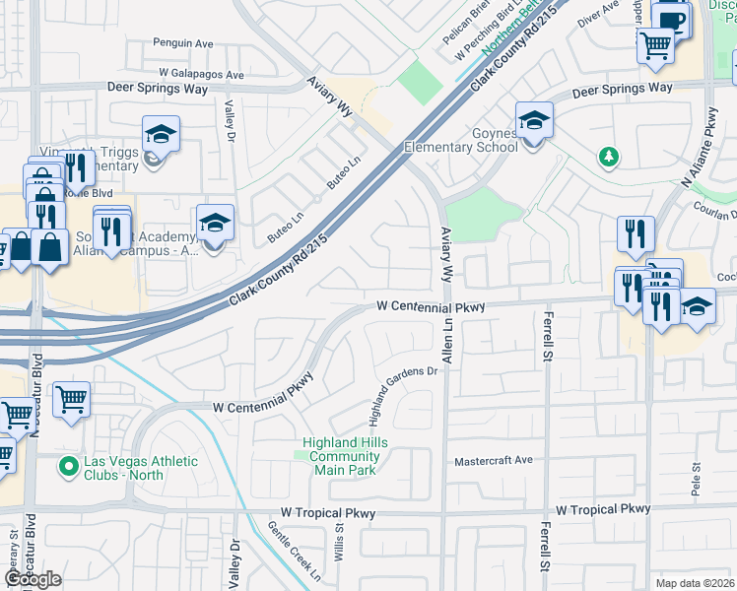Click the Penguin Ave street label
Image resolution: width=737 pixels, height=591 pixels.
tap(183, 43)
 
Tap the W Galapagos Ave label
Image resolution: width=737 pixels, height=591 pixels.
tap(201, 74)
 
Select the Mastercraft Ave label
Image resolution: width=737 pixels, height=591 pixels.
tap(493, 460)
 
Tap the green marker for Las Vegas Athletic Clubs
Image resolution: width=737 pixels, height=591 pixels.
tap(68, 466)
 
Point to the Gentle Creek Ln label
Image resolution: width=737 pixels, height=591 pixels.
tap(295, 549)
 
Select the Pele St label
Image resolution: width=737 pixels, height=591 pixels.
tap(696, 480)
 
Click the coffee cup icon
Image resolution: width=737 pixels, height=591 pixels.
tap(673, 20)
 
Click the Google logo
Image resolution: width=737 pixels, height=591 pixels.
tap(33, 579)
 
